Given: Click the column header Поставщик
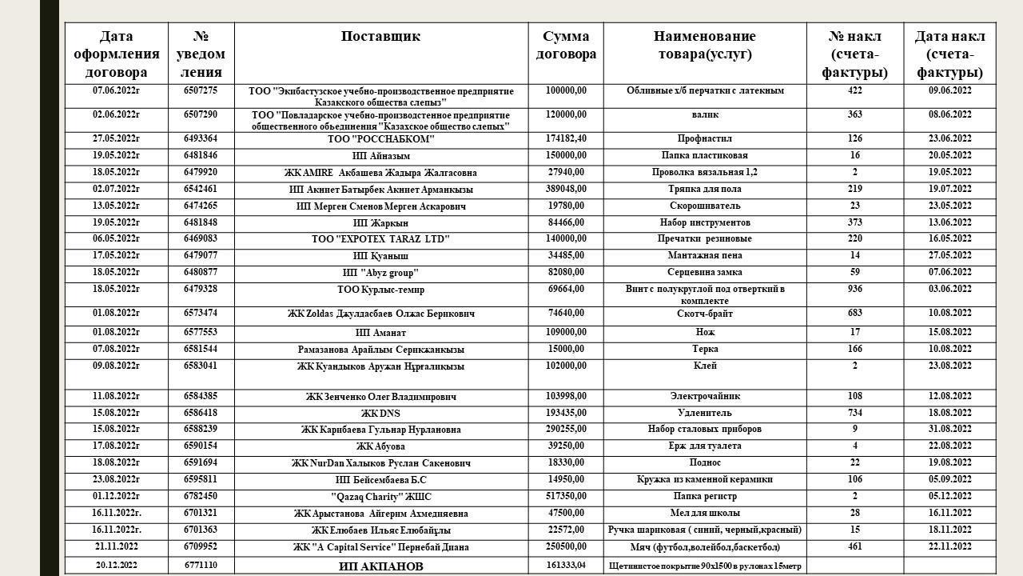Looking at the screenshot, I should (x=380, y=37).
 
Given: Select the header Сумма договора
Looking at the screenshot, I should (x=566, y=46).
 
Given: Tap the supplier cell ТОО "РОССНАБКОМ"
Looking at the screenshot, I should (x=381, y=139).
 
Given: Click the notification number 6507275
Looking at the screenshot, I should (x=201, y=91).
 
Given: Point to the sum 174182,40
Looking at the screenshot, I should (x=566, y=139).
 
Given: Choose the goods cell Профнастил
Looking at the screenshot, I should (x=704, y=139).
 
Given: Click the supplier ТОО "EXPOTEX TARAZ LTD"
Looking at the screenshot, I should (x=381, y=239).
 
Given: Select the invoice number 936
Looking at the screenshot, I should (x=854, y=290).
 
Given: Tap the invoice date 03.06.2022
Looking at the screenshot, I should (x=949, y=290).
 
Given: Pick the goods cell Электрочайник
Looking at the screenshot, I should (x=704, y=396).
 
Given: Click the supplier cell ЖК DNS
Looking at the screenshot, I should (x=381, y=414).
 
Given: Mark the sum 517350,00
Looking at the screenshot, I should (x=566, y=497).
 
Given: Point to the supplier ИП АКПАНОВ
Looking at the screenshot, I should (x=381, y=566).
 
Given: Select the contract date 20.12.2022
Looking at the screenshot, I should (x=117, y=566).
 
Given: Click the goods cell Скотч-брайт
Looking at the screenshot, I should (x=704, y=314).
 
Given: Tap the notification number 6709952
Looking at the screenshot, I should (x=201, y=547).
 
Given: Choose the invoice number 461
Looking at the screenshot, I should (x=854, y=547).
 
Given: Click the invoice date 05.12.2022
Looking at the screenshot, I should (x=949, y=497).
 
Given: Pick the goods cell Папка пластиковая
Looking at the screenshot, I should (x=704, y=156).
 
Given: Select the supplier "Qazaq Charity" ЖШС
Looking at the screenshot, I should (x=381, y=497).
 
